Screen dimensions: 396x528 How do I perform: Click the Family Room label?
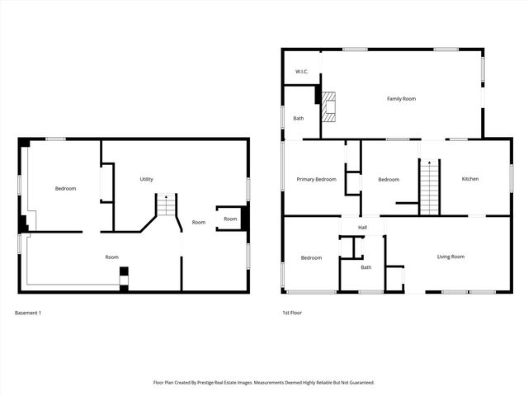click(401, 99)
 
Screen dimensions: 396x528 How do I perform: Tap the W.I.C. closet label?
click(302, 72)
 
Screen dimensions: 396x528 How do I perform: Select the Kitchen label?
click(469, 179)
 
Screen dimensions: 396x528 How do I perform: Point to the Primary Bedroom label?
click(316, 179)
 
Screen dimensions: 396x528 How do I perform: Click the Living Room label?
click(450, 257)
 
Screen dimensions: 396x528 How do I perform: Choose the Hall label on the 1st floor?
click(362, 228)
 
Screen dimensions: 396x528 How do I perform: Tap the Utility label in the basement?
click(146, 179)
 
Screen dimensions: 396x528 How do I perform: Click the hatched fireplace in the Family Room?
click(329, 106)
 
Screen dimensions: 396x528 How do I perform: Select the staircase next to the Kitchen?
click(429, 186)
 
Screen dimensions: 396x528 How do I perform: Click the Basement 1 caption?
click(28, 313)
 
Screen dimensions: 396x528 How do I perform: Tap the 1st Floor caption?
click(293, 313)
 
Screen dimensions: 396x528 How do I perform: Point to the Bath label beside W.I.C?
click(298, 119)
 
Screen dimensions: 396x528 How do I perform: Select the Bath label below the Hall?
click(365, 267)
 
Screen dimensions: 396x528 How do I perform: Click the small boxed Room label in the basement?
click(230, 219)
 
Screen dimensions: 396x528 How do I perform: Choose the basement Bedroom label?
click(65, 188)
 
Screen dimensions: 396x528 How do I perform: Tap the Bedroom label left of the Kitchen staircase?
click(389, 179)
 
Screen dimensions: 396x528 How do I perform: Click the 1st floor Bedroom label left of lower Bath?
click(311, 258)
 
